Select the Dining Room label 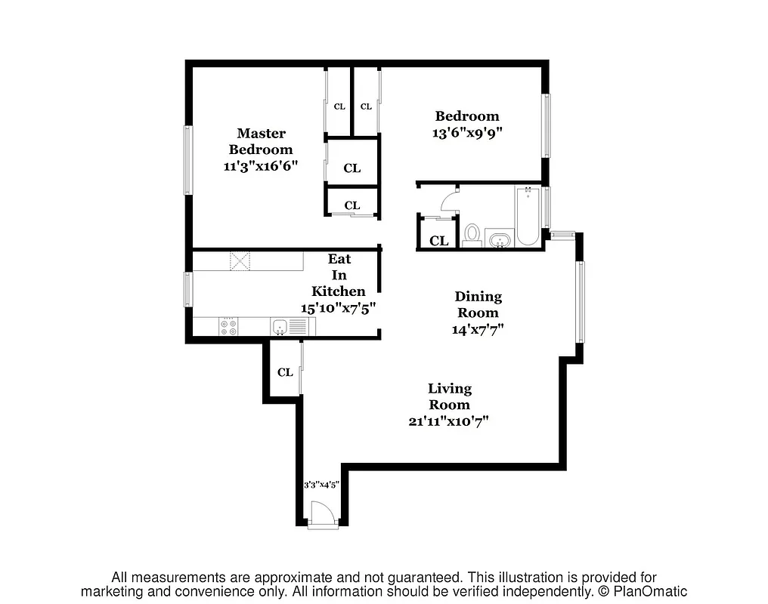point(478,304)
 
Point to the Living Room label point(450,396)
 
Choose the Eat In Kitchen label point(339,275)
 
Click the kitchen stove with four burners point(228,327)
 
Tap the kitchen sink point(280,327)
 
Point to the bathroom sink point(498,241)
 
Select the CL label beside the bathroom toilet point(439,242)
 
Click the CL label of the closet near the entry point(285,372)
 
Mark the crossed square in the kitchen point(241,261)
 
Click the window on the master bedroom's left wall point(188,160)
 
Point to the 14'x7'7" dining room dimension point(478,329)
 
